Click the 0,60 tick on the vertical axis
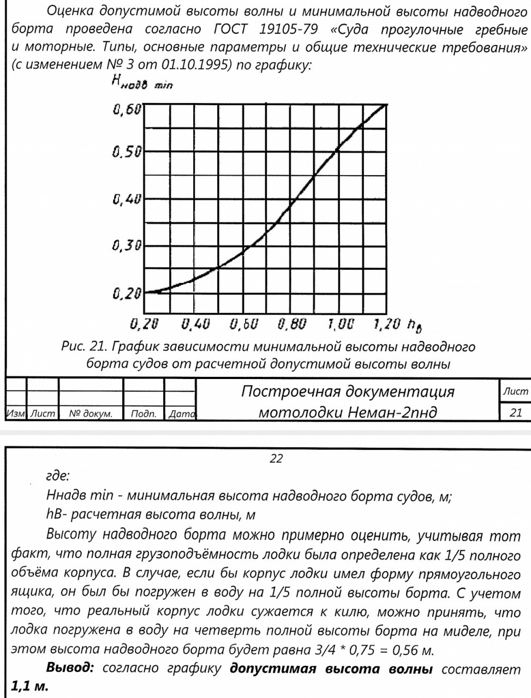tap(127, 110)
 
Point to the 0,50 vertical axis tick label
tap(127, 152)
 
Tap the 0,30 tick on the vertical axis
tap(127, 246)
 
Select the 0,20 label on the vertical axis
tap(127, 294)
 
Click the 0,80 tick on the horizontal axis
tap(291, 325)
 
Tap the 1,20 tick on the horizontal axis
tap(387, 325)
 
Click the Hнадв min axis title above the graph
tap(141, 82)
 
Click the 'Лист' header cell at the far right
tap(515, 391)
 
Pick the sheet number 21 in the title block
tap(516, 412)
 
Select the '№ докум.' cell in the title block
tap(91, 414)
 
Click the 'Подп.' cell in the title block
tap(144, 414)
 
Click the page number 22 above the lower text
tap(276, 459)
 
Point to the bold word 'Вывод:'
tap(71, 668)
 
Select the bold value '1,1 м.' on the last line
tap(30, 686)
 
